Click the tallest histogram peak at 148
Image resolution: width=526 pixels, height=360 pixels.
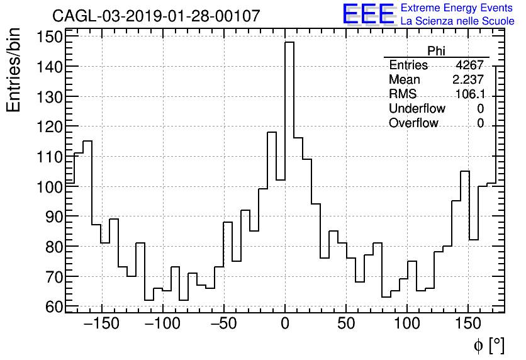(x=289, y=43)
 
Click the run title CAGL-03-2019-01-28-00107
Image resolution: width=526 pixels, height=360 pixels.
(x=155, y=16)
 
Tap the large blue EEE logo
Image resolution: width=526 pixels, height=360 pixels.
(x=368, y=14)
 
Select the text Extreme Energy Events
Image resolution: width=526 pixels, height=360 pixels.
(x=457, y=8)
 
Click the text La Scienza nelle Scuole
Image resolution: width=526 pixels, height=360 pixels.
(x=457, y=21)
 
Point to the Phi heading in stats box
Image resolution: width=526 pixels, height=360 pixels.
(x=436, y=51)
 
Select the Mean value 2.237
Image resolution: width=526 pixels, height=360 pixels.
(x=468, y=80)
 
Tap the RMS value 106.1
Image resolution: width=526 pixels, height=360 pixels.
(x=469, y=94)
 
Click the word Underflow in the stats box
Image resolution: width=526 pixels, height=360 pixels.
(x=417, y=109)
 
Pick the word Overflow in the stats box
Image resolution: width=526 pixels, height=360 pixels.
(x=413, y=123)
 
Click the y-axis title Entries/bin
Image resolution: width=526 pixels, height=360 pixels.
(x=14, y=70)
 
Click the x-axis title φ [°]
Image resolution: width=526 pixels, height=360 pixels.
(x=488, y=345)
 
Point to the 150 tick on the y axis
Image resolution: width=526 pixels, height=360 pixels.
(x=50, y=37)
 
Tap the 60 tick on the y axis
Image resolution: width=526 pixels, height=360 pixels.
(x=54, y=307)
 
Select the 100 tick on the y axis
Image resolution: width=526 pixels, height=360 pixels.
(x=50, y=186)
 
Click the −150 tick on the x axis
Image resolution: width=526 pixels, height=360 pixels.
(x=100, y=324)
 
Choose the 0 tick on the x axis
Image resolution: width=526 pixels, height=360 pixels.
(x=285, y=324)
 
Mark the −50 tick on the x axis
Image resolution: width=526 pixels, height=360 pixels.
(x=223, y=324)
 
